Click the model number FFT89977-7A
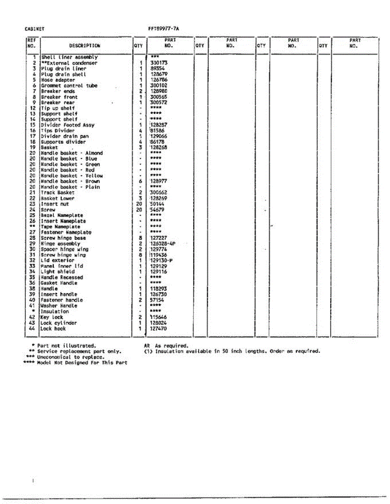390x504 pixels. [164, 29]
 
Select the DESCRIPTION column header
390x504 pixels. [85, 46]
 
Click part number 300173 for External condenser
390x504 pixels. [159, 63]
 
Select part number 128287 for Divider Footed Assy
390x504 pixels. [159, 125]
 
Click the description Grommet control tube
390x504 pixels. [69, 86]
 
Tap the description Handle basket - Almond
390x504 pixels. [72, 153]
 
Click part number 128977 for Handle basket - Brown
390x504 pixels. [159, 181]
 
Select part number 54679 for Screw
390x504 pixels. [158, 210]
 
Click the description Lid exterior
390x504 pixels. [57, 260]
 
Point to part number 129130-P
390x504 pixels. [162, 260]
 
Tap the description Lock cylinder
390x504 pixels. [59, 323]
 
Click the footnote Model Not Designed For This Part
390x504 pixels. [82, 362]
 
